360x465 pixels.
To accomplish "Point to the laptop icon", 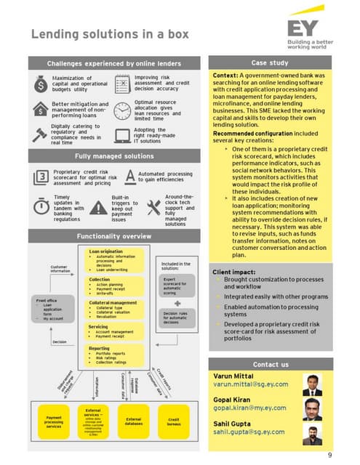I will (121, 134).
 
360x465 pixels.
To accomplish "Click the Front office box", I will (52, 312).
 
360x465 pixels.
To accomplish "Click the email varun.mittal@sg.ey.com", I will (251, 386).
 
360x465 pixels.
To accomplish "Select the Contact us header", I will (270, 364).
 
